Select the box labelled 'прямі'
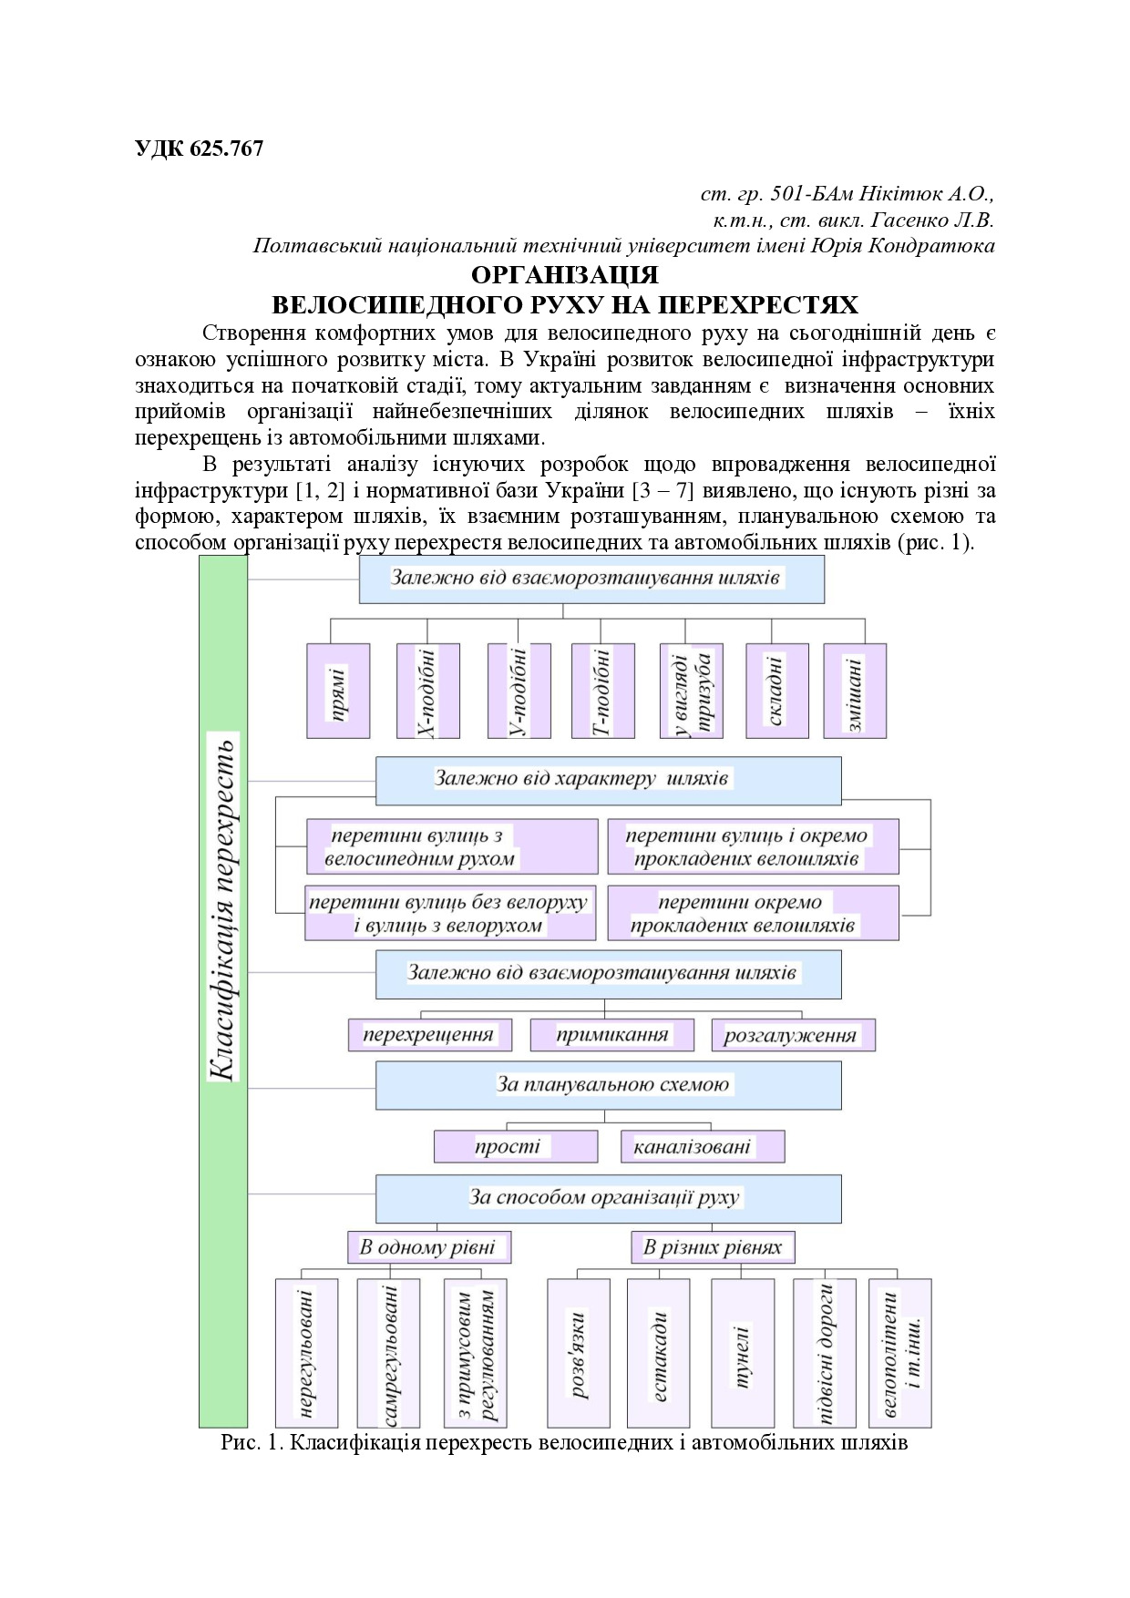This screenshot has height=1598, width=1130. click(338, 690)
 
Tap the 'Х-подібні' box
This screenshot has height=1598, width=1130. click(427, 690)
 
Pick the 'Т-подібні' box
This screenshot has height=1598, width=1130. click(602, 690)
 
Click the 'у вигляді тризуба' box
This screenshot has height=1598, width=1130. click(691, 690)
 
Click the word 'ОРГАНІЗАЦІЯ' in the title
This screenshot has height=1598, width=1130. click(565, 275)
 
